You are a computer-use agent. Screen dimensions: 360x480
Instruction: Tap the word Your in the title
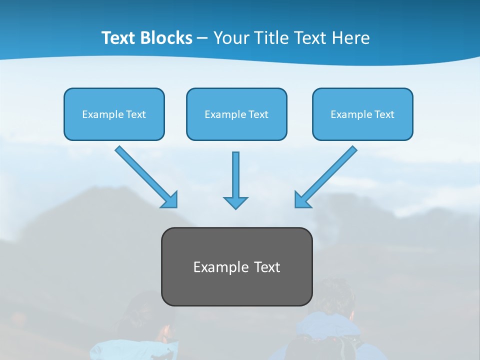coord(231,38)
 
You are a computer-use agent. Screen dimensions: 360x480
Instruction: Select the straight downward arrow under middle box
coord(235,175)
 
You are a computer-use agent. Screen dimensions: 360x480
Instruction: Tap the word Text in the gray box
coord(267,267)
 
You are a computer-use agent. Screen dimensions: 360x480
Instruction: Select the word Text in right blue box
coord(384,114)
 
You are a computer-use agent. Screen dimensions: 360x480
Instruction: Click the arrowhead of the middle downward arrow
coord(235,202)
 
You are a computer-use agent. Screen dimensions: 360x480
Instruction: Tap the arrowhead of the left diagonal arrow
coord(170,200)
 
